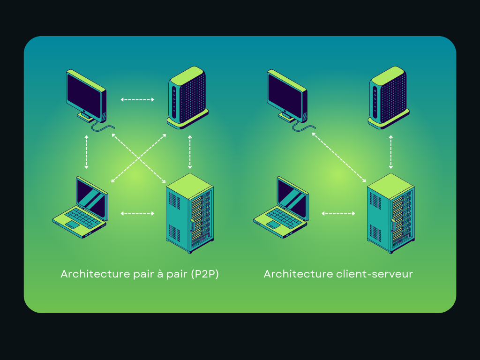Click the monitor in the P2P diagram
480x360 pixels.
pos(86,96)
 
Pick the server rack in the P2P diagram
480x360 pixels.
pos(190,213)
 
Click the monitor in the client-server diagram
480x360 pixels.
pos(287,96)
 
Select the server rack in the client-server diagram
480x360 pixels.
pos(390,213)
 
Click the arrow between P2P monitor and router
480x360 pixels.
pos(137,99)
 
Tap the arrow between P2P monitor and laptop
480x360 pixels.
pos(86,152)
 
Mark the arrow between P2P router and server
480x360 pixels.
pos(190,152)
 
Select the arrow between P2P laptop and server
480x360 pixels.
pos(137,214)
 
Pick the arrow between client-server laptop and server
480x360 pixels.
pos(338,214)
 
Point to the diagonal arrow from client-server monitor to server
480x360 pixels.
pos(339,157)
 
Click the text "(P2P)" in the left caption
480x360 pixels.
pos(205,274)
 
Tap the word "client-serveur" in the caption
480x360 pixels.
pos(375,274)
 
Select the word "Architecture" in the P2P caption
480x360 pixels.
pos(92,274)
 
